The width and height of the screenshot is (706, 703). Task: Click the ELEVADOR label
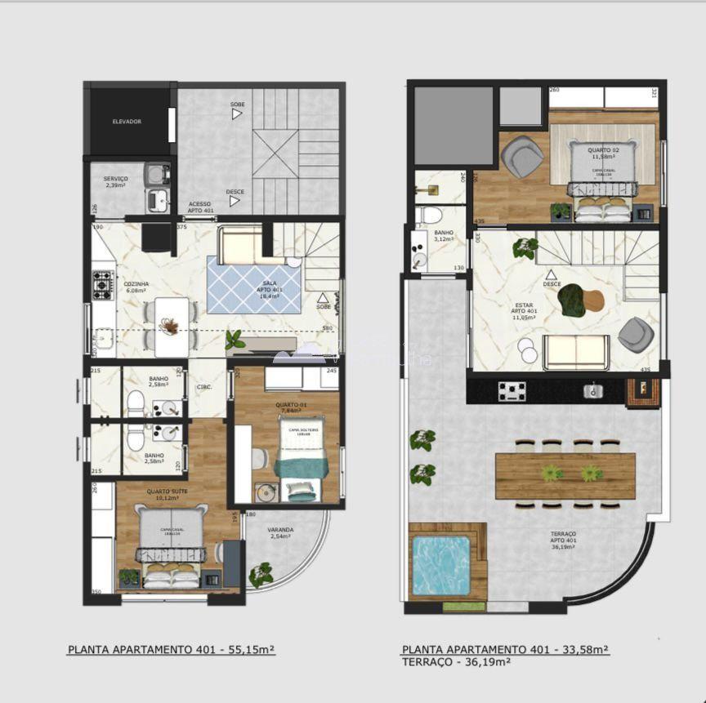127,122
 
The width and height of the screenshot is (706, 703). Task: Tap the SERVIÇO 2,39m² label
115,182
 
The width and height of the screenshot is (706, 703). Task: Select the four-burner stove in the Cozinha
103,285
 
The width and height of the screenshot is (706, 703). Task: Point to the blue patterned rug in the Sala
253,284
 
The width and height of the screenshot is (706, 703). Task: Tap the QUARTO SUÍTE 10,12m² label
167,495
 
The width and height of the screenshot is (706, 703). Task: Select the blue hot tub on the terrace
440,565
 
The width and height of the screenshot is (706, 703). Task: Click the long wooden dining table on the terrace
565,475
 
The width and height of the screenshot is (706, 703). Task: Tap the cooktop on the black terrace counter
512,392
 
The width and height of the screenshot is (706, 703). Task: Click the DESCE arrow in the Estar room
552,276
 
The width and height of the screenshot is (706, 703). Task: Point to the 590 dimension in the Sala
328,329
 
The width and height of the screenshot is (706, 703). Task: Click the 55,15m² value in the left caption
250,650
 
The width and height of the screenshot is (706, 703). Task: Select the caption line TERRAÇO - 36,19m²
457,662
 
